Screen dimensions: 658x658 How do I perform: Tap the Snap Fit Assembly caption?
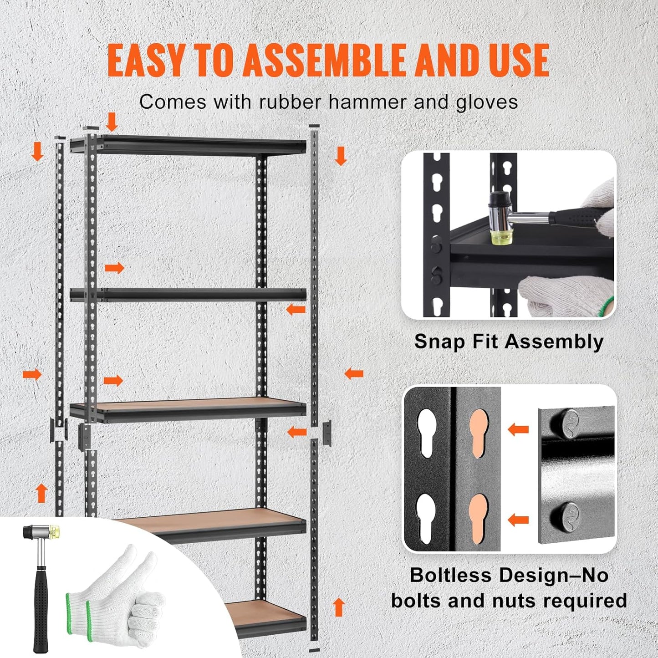[x=509, y=342]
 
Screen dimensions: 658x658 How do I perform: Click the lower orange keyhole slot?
[x=479, y=517]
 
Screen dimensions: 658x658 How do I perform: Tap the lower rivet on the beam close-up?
[x=565, y=515]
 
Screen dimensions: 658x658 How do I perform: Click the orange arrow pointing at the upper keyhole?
[x=518, y=429]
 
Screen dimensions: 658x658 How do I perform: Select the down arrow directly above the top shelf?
[x=112, y=122]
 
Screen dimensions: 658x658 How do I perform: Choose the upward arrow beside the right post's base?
[x=338, y=607]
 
